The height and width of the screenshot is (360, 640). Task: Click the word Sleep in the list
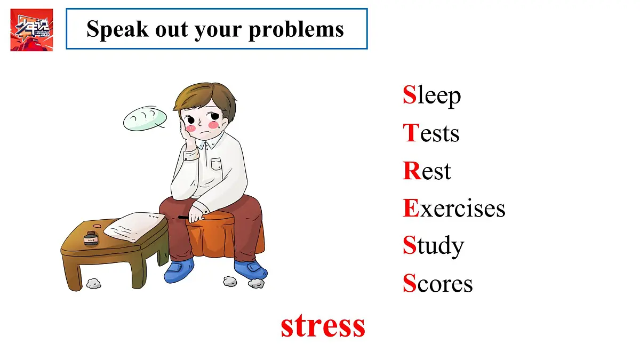tap(431, 95)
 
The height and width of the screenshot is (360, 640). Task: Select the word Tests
tap(431, 133)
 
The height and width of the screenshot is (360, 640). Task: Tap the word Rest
tap(427, 171)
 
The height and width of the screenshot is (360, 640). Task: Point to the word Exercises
tap(454, 208)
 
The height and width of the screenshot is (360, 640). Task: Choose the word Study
tap(433, 246)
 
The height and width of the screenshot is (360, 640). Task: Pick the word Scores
tap(437, 283)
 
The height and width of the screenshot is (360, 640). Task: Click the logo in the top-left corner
tap(31, 30)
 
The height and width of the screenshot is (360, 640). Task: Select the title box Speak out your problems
tap(217, 29)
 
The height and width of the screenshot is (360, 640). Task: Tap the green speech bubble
tap(145, 119)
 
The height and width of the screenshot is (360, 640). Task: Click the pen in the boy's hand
tap(184, 217)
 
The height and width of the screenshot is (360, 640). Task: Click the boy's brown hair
tap(205, 99)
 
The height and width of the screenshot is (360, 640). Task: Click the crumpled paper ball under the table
tap(94, 283)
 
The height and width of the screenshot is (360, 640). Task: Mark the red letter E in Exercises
tap(411, 208)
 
